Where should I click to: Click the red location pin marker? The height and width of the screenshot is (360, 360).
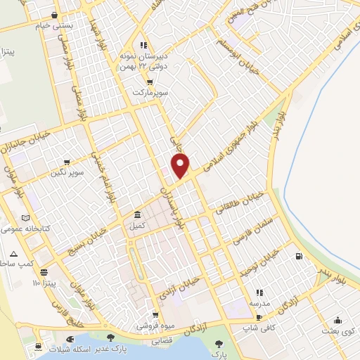click(x=181, y=166)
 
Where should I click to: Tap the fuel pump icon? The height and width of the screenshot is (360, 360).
click(x=300, y=256)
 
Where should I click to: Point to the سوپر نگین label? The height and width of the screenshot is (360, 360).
click(x=67, y=171)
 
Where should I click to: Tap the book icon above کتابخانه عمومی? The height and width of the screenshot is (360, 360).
click(x=27, y=218)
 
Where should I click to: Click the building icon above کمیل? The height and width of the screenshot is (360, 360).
click(x=136, y=214)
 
